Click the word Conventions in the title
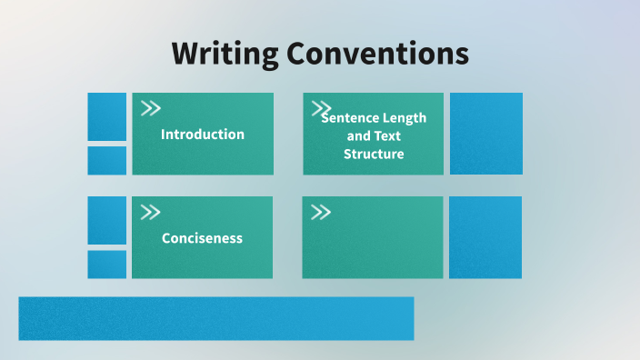378,53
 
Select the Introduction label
203,134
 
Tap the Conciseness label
202,238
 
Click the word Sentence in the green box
349,118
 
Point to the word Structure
374,154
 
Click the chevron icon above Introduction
151,108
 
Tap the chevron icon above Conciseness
151,213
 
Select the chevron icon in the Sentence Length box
321,106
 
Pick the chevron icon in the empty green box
321,213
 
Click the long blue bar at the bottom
216,318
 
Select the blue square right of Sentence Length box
486,134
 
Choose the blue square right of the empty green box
485,237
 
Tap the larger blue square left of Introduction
107,116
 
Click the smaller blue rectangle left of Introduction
107,160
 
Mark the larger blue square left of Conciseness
107,220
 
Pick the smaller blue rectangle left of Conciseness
107,265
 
